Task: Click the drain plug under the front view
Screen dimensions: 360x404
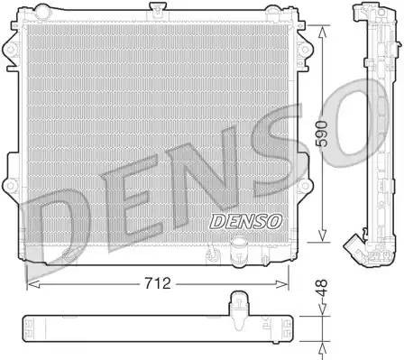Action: pyautogui.click(x=239, y=247)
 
